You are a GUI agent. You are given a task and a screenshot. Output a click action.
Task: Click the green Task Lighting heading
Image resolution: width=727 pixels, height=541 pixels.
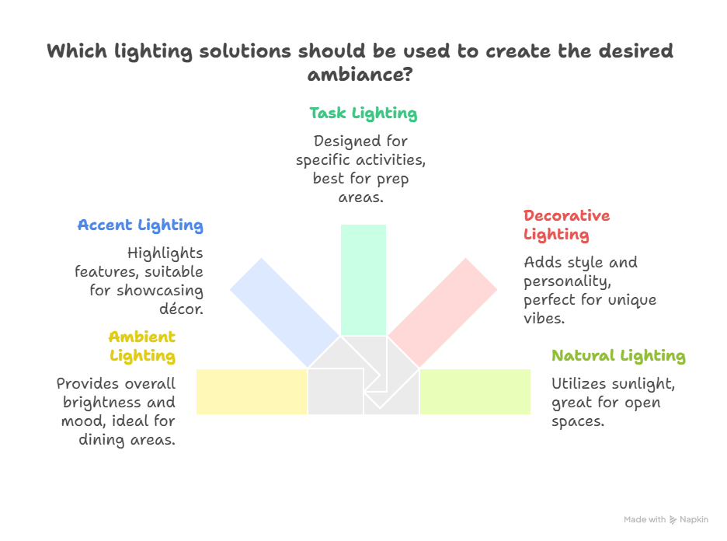tap(363, 113)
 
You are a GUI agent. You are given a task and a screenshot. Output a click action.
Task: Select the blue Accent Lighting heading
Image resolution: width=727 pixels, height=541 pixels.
tap(140, 225)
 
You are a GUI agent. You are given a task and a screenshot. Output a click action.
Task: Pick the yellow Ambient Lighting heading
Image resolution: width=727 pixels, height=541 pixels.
tap(142, 347)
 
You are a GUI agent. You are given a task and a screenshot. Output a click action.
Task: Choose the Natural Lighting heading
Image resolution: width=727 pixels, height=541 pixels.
tap(618, 356)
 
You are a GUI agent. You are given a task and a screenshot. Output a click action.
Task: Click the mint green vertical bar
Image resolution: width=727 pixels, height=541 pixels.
tap(363, 278)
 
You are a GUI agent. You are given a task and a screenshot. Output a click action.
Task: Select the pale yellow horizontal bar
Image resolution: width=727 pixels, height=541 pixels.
tap(251, 392)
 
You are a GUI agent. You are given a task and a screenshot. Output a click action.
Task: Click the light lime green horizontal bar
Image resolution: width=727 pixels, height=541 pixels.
tap(475, 392)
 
